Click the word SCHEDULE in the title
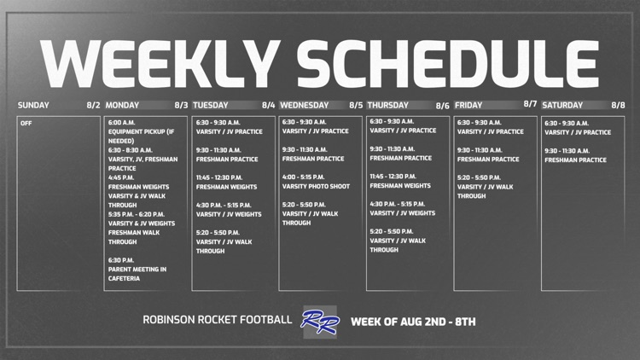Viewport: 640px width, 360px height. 448,64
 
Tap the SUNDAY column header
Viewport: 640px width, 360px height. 33,105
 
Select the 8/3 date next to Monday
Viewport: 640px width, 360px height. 181,105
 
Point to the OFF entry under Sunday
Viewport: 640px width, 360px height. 26,123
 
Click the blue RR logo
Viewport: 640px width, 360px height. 320,322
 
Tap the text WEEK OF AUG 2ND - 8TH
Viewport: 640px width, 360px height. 413,322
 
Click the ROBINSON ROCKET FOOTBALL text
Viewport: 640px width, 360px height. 217,320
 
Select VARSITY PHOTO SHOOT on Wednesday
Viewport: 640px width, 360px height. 316,187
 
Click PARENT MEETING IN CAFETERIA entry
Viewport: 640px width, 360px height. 137,274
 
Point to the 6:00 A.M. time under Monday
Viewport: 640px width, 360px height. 122,123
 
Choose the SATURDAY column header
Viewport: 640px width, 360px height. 562,105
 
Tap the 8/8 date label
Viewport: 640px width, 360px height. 618,105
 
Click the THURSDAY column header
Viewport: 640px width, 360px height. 387,105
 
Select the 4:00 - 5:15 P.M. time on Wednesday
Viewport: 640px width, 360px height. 303,177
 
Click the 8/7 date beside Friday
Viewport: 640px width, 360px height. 530,104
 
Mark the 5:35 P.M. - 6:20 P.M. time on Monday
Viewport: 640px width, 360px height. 137,214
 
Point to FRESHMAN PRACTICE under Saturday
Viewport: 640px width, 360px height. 575,160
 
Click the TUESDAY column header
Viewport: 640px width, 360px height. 211,105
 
